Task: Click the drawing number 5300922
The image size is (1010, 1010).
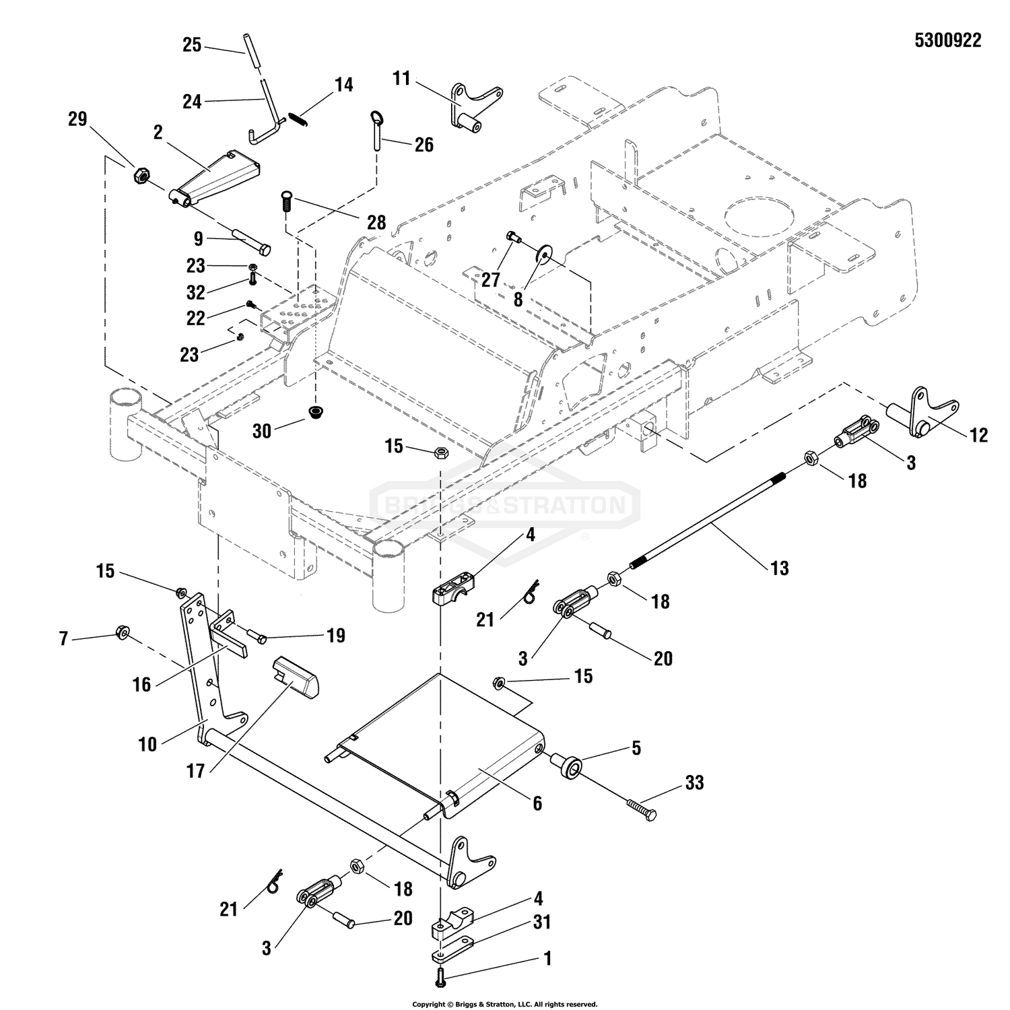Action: tap(947, 40)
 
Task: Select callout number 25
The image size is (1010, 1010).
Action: tap(192, 45)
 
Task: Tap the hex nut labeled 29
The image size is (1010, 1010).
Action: tap(141, 176)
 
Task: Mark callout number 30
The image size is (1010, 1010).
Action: tap(262, 430)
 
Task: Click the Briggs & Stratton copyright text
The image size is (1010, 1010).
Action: tap(504, 1004)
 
